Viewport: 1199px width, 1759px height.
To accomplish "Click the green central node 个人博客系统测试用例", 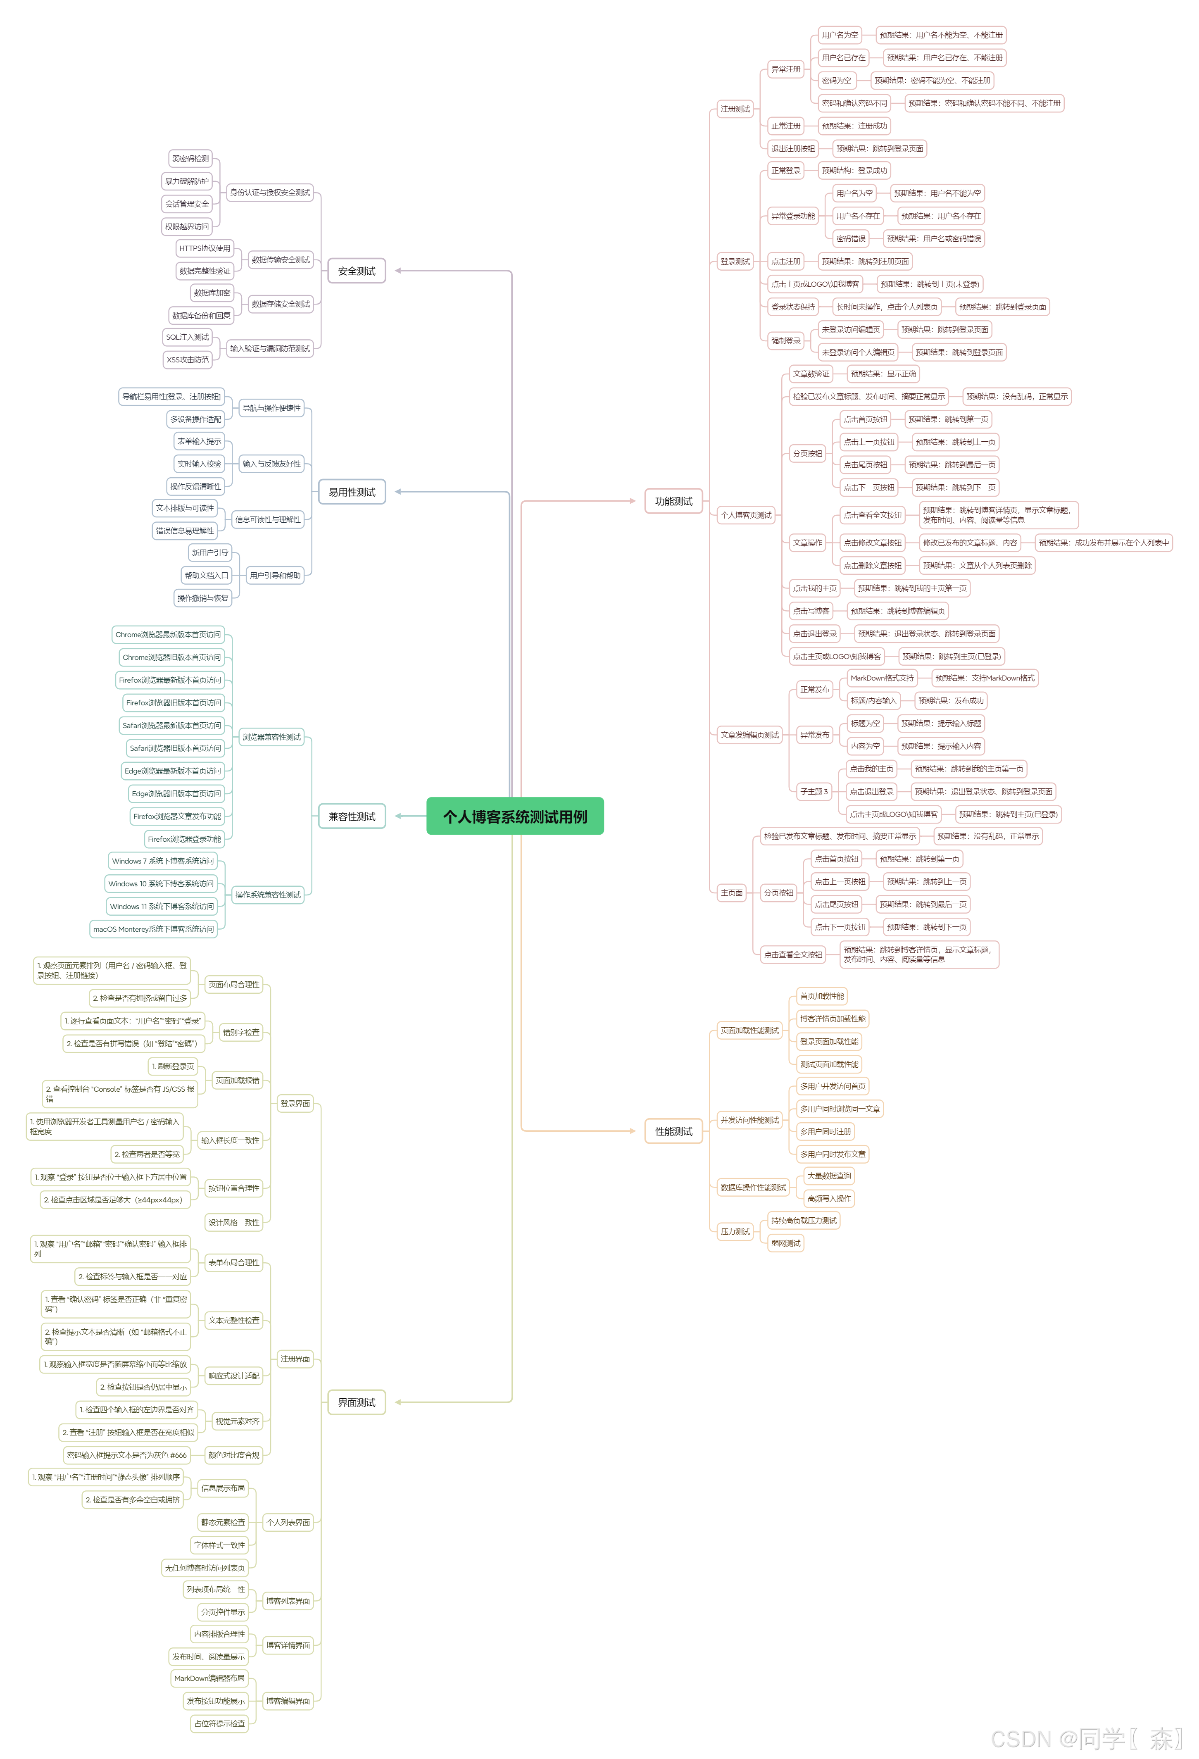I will click(x=515, y=816).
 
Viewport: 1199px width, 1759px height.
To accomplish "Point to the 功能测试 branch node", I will click(x=674, y=501).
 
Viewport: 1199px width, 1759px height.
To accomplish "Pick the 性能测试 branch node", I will click(x=674, y=1131).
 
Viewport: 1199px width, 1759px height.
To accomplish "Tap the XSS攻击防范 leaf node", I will click(x=187, y=359).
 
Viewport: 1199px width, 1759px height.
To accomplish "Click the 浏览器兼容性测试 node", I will click(x=271, y=736).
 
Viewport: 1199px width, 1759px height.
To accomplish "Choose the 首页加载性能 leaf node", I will click(x=821, y=996).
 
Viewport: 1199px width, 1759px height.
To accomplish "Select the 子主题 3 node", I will click(x=814, y=791).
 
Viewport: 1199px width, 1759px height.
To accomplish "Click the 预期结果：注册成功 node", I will click(x=854, y=126).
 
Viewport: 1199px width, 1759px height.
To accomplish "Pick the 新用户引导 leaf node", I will click(x=209, y=552).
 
